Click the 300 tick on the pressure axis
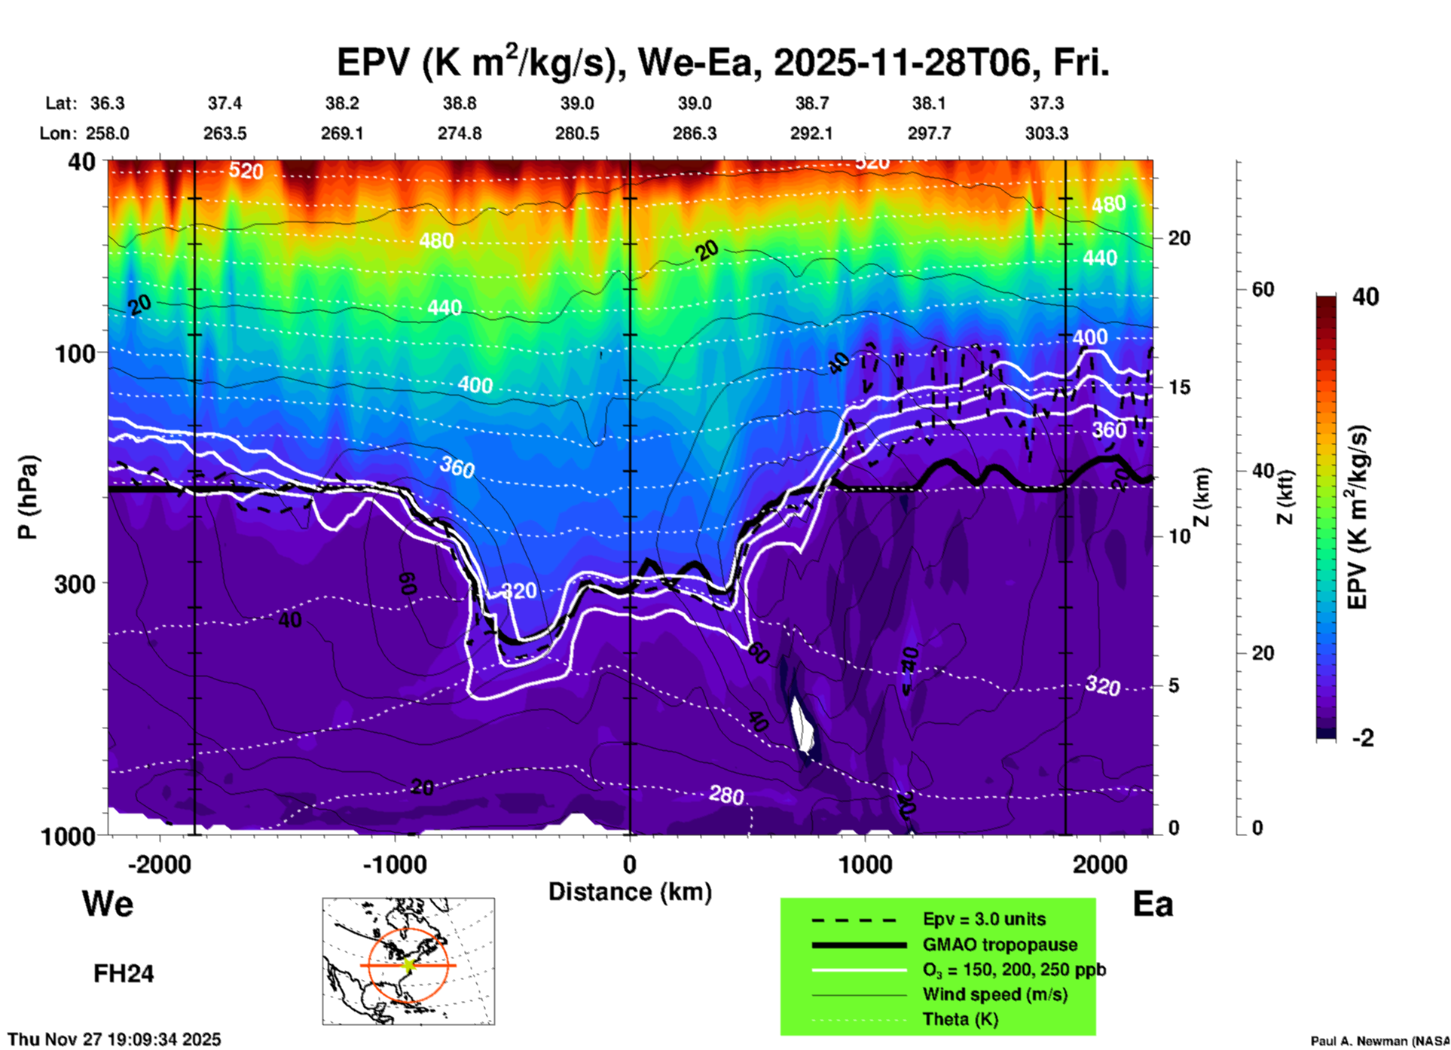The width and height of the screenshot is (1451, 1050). (x=75, y=584)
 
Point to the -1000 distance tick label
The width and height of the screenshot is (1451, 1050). (x=394, y=864)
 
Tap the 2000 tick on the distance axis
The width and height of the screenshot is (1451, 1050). (x=1100, y=864)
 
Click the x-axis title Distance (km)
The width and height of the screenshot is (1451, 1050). (x=630, y=892)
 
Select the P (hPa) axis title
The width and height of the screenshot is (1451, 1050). (x=28, y=497)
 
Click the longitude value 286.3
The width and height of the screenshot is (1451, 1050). (x=694, y=134)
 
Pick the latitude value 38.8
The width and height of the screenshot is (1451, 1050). (x=459, y=103)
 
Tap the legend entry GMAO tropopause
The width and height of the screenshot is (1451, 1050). (x=1000, y=945)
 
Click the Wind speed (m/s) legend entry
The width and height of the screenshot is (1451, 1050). (x=994, y=994)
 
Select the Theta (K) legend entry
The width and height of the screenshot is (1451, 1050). (x=960, y=1019)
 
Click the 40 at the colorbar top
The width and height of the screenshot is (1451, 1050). (x=1365, y=297)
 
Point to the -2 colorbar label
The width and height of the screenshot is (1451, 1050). (x=1363, y=738)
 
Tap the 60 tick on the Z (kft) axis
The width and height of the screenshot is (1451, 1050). (x=1263, y=289)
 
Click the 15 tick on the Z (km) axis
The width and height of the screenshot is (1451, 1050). (x=1179, y=387)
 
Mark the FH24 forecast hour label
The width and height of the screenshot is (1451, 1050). (x=124, y=974)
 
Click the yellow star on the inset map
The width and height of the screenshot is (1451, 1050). (x=408, y=965)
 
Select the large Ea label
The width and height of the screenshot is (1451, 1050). (x=1153, y=904)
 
